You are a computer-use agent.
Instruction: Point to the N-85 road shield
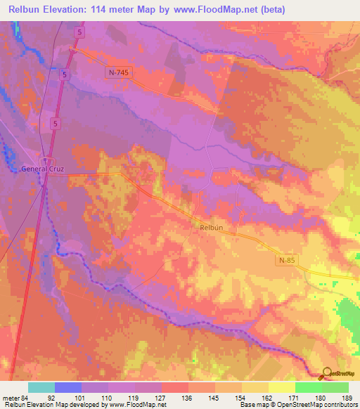click(284, 260)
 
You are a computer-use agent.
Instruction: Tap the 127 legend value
click(161, 397)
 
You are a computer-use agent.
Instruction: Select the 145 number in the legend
click(214, 397)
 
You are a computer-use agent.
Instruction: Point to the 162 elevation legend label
click(268, 397)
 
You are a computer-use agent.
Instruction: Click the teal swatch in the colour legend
click(41, 387)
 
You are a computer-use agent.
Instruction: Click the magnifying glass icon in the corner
click(326, 374)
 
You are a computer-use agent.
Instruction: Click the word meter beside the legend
click(11, 397)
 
